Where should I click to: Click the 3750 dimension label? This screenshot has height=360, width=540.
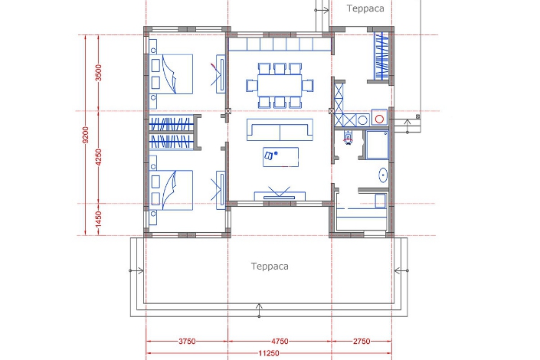[x=187, y=342]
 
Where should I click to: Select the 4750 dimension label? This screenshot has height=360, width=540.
[x=280, y=342]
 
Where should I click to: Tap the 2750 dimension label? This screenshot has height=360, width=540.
[x=362, y=342]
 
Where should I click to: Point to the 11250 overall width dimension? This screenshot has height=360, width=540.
[x=269, y=353]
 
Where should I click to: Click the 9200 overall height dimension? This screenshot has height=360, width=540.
[x=86, y=135]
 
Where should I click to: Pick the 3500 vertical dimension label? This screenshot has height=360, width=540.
[x=99, y=73]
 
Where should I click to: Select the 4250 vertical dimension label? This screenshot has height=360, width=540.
[x=99, y=157]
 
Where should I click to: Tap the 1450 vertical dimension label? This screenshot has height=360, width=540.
[x=99, y=219]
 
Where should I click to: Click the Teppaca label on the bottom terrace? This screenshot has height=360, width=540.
[x=270, y=267]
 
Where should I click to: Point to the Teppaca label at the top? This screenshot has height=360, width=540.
[x=365, y=8]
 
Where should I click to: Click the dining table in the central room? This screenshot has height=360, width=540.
[x=280, y=86]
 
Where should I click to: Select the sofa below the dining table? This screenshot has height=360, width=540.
[x=280, y=130]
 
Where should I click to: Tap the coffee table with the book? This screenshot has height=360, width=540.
[x=280, y=157]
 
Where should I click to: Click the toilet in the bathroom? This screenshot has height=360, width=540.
[x=349, y=138]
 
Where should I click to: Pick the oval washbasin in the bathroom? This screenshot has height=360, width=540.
[x=383, y=175]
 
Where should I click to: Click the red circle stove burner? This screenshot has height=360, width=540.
[x=379, y=119]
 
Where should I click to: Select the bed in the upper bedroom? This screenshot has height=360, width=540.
[x=172, y=74]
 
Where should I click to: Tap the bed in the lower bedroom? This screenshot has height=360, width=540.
[x=172, y=190]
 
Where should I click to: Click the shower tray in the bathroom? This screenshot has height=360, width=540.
[x=378, y=145]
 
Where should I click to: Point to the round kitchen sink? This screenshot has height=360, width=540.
[x=362, y=120]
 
